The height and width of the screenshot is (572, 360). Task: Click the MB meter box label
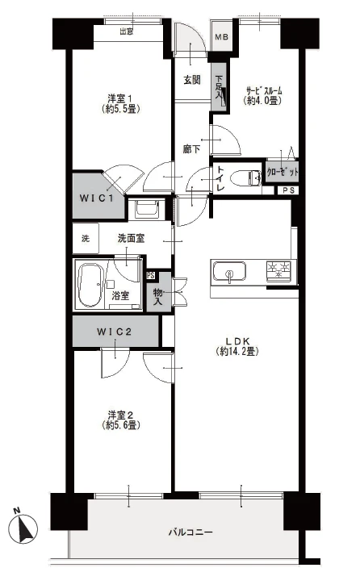pos(221,37)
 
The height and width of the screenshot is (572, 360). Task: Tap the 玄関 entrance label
pos(191,80)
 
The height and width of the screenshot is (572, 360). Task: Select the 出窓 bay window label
pos(127,31)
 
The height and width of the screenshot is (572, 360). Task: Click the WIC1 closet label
pos(97,198)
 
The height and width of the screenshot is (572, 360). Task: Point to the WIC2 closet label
pos(114,332)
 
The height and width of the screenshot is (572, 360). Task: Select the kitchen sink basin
pos(229,272)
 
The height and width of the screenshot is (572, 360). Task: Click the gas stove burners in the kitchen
pos(279,272)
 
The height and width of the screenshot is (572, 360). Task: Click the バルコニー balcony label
pos(190,532)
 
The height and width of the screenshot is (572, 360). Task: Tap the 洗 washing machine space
pos(86,239)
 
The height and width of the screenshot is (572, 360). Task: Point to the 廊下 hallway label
pos(191,148)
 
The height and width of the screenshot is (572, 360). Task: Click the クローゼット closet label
pos(283,172)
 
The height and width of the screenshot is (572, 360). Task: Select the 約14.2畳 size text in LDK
pos(237,351)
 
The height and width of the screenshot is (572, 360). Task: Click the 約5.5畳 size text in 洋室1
pos(122,108)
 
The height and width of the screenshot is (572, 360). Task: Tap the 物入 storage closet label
pos(157,297)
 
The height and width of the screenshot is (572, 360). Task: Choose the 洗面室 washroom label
pos(131,239)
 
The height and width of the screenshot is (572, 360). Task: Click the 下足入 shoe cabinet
pos(219,87)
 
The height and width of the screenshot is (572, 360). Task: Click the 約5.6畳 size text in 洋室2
pos(122,425)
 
